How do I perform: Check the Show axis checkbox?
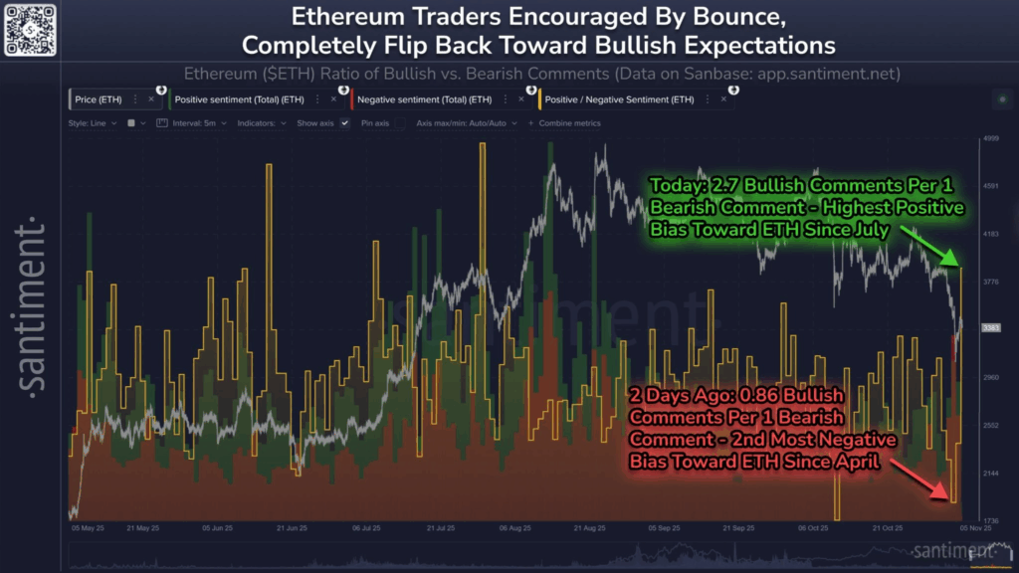344,123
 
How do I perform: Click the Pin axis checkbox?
399,123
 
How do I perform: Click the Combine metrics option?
566,123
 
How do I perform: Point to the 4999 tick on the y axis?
990,139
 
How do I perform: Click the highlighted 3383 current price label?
990,328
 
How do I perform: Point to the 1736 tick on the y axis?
990,520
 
